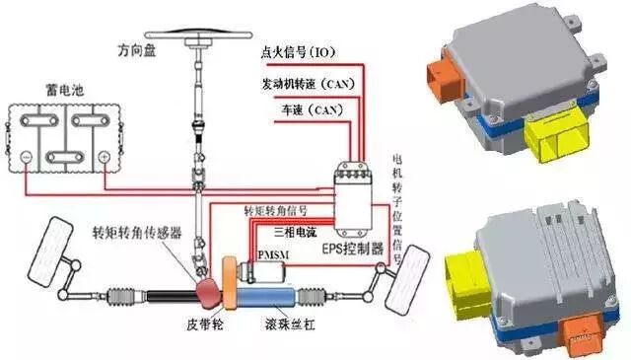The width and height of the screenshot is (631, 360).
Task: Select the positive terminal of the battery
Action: click(x=104, y=156)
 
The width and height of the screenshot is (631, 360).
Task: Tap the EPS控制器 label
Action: click(x=353, y=250)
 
